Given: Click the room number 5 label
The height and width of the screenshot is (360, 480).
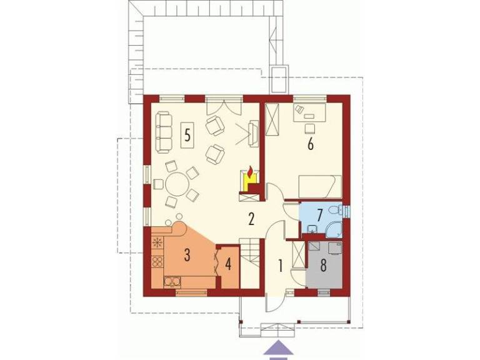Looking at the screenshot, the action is click(187, 134).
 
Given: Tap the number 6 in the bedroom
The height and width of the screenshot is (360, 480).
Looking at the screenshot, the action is click(311, 144).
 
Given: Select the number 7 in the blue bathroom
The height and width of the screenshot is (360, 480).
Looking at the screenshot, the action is click(320, 215).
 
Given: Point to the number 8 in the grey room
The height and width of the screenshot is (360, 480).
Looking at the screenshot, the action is click(323, 266).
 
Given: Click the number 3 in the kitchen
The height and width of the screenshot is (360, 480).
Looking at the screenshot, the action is click(187, 255).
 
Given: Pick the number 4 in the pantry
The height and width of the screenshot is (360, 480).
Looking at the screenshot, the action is click(228, 264).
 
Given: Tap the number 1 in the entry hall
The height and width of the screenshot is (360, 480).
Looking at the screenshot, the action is click(280, 266).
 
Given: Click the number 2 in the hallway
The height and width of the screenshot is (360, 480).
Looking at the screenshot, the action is click(251, 219).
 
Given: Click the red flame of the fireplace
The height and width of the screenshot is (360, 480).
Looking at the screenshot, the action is click(251, 172).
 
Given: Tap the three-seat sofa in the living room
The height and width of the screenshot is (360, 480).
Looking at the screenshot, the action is click(164, 132).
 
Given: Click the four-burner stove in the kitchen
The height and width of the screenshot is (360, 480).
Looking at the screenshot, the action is click(157, 262).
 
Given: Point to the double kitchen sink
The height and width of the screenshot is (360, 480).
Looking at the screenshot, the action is click(172, 282).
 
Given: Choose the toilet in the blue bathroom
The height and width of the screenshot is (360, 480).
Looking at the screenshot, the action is click(336, 210).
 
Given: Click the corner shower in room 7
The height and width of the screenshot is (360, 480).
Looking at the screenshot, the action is click(334, 229).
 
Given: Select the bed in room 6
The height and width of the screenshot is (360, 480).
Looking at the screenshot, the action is click(320, 186).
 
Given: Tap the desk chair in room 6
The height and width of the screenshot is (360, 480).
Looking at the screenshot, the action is click(310, 128).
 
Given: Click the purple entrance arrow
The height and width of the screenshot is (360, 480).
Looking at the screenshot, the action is click(278, 349).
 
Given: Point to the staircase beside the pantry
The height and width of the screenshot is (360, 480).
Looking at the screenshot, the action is click(250, 263).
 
